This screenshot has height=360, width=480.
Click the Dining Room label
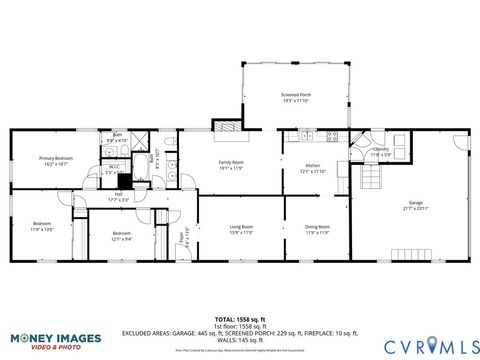pyautogui.click(x=317, y=229)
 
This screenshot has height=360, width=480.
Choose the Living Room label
pyautogui.click(x=241, y=229)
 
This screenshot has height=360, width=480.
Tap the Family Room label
pyautogui.click(x=232, y=165)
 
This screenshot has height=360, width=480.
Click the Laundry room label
pyautogui.click(x=381, y=151)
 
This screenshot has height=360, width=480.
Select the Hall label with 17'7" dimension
pyautogui.click(x=118, y=196)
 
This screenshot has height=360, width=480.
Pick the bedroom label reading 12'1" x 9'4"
pyautogui.click(x=122, y=236)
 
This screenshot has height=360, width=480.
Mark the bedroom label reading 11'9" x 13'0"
pyautogui.click(x=41, y=226)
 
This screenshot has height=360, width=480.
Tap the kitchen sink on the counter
pyautogui.click(x=306, y=135)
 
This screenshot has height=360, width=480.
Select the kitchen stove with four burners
pyautogui.click(x=332, y=135)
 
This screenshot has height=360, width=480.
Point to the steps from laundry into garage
pyautogui.click(x=370, y=178)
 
